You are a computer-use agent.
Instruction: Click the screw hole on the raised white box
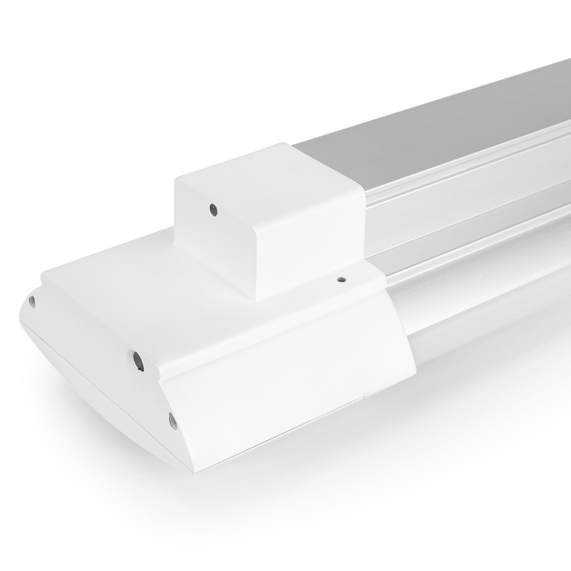tap(213, 209)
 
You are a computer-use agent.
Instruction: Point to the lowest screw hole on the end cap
tap(172, 420)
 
